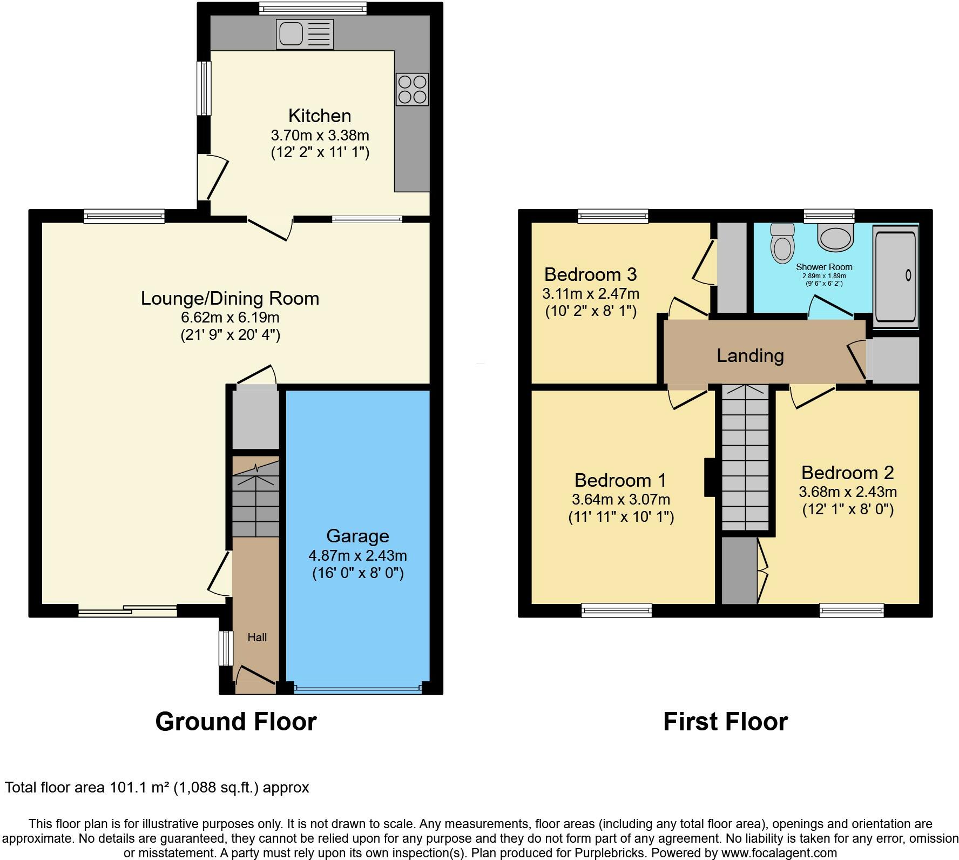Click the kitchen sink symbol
point(305,34)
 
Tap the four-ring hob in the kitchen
point(413,89)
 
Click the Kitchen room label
point(320,116)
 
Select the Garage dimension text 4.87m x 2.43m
point(357,555)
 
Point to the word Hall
point(257,637)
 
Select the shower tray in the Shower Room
point(895,276)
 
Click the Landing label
point(750,355)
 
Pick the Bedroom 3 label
point(590,274)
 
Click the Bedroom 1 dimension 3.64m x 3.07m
point(621,499)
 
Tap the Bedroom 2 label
point(847,473)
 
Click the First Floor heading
point(725,722)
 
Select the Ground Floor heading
point(236,722)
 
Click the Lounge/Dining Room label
point(230,298)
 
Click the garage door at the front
point(357,688)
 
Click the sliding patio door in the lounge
point(127,611)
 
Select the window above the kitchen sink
point(313,8)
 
